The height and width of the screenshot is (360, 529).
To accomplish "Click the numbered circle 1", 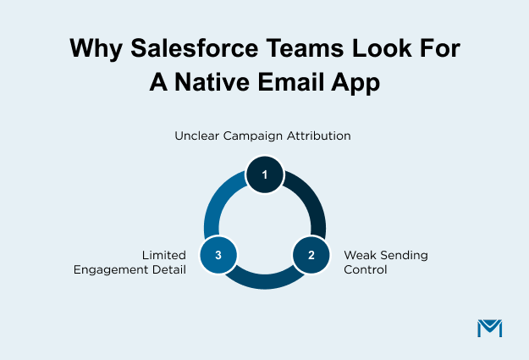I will (x=265, y=175).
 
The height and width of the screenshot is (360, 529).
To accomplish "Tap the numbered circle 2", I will (x=311, y=254).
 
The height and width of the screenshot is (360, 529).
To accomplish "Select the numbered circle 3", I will (x=219, y=254).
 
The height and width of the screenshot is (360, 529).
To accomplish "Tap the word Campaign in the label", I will (x=256, y=135).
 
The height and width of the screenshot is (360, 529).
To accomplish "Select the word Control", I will (x=365, y=270).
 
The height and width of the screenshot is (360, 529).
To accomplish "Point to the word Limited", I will (x=164, y=255).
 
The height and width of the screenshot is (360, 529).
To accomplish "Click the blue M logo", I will (x=489, y=328).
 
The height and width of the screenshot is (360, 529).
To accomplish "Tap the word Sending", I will (x=403, y=255).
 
